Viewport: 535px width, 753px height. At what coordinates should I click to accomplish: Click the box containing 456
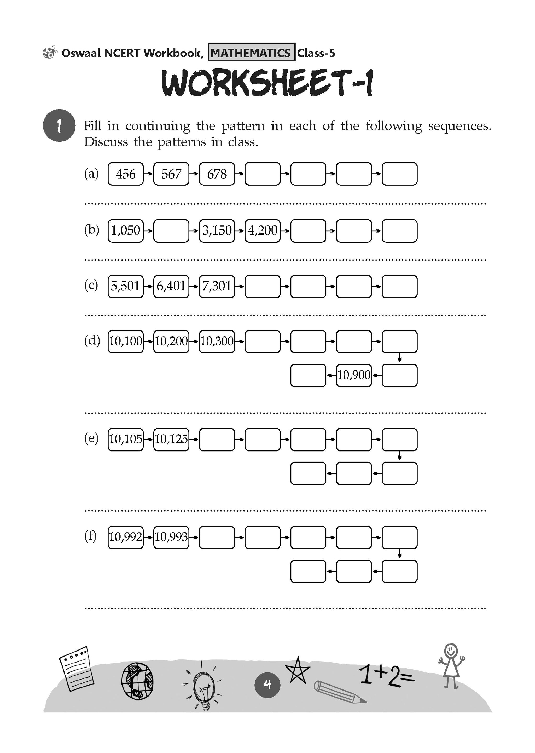125,174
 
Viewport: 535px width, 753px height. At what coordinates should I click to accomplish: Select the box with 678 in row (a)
217,174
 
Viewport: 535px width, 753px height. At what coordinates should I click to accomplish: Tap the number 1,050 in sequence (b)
125,230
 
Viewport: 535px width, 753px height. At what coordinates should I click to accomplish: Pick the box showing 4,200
263,230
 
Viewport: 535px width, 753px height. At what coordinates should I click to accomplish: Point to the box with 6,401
171,286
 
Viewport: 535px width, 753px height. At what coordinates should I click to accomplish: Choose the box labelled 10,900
354,375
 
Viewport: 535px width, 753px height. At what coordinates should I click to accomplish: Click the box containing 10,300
217,341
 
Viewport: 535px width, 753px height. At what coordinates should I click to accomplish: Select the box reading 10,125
171,439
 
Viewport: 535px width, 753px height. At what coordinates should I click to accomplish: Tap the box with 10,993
171,537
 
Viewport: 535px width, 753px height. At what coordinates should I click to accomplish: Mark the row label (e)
91,438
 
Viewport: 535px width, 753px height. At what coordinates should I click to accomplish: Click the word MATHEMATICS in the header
251,53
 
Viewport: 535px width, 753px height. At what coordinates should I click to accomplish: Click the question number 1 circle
59,125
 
